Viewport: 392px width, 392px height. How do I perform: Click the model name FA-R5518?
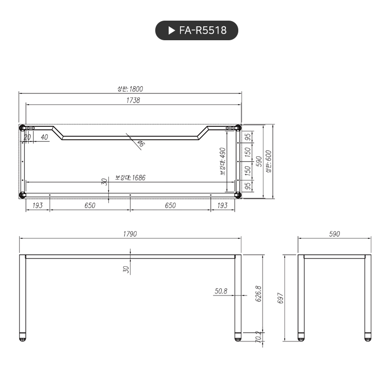coord(203,30)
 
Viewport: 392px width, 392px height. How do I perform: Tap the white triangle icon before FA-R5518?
coord(172,30)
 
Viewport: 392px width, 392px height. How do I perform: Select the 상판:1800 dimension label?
coord(130,89)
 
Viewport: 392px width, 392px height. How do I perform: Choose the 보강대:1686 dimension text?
coord(130,177)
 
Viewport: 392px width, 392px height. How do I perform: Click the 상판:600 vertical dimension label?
coord(268,161)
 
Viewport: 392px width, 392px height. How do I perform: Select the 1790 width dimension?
coord(130,234)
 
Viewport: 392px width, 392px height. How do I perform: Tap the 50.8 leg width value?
coord(221,291)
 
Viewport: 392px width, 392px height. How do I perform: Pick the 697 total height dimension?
coord(281,298)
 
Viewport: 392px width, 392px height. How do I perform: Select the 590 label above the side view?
coord(334,234)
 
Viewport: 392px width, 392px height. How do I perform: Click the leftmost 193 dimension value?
coord(38,205)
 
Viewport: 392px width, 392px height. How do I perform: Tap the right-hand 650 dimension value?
coord(170,205)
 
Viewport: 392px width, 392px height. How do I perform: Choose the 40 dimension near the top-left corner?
coord(44,137)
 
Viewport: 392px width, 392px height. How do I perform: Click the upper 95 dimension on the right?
coord(248,137)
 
